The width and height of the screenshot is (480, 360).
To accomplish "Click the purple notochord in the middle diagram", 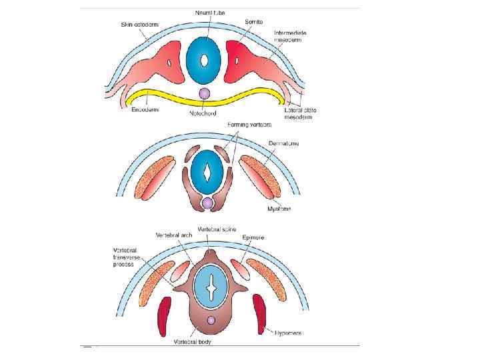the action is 208,201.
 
